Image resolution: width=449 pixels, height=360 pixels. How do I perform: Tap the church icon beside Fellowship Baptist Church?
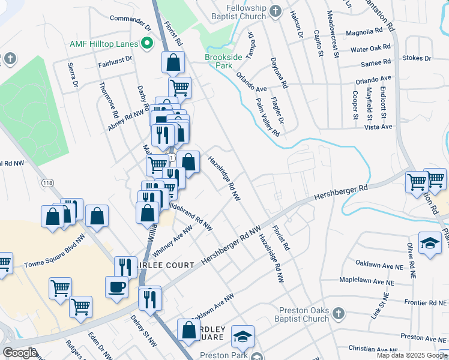pyautogui.click(x=276, y=11)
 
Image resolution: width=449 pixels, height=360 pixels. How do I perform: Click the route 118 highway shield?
pyautogui.click(x=47, y=182)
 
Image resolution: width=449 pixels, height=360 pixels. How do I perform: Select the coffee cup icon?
pyautogui.click(x=116, y=286)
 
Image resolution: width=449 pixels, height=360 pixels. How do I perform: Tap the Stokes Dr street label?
pyautogui.click(x=420, y=59)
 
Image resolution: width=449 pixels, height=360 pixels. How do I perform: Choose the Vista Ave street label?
pyautogui.click(x=378, y=127)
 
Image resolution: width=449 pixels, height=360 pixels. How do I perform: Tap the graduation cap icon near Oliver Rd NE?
pyautogui.click(x=429, y=242)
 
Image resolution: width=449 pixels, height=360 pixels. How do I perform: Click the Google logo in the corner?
pyautogui.click(x=20, y=353)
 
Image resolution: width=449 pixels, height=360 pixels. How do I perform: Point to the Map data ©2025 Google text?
pyautogui.click(x=411, y=355)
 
